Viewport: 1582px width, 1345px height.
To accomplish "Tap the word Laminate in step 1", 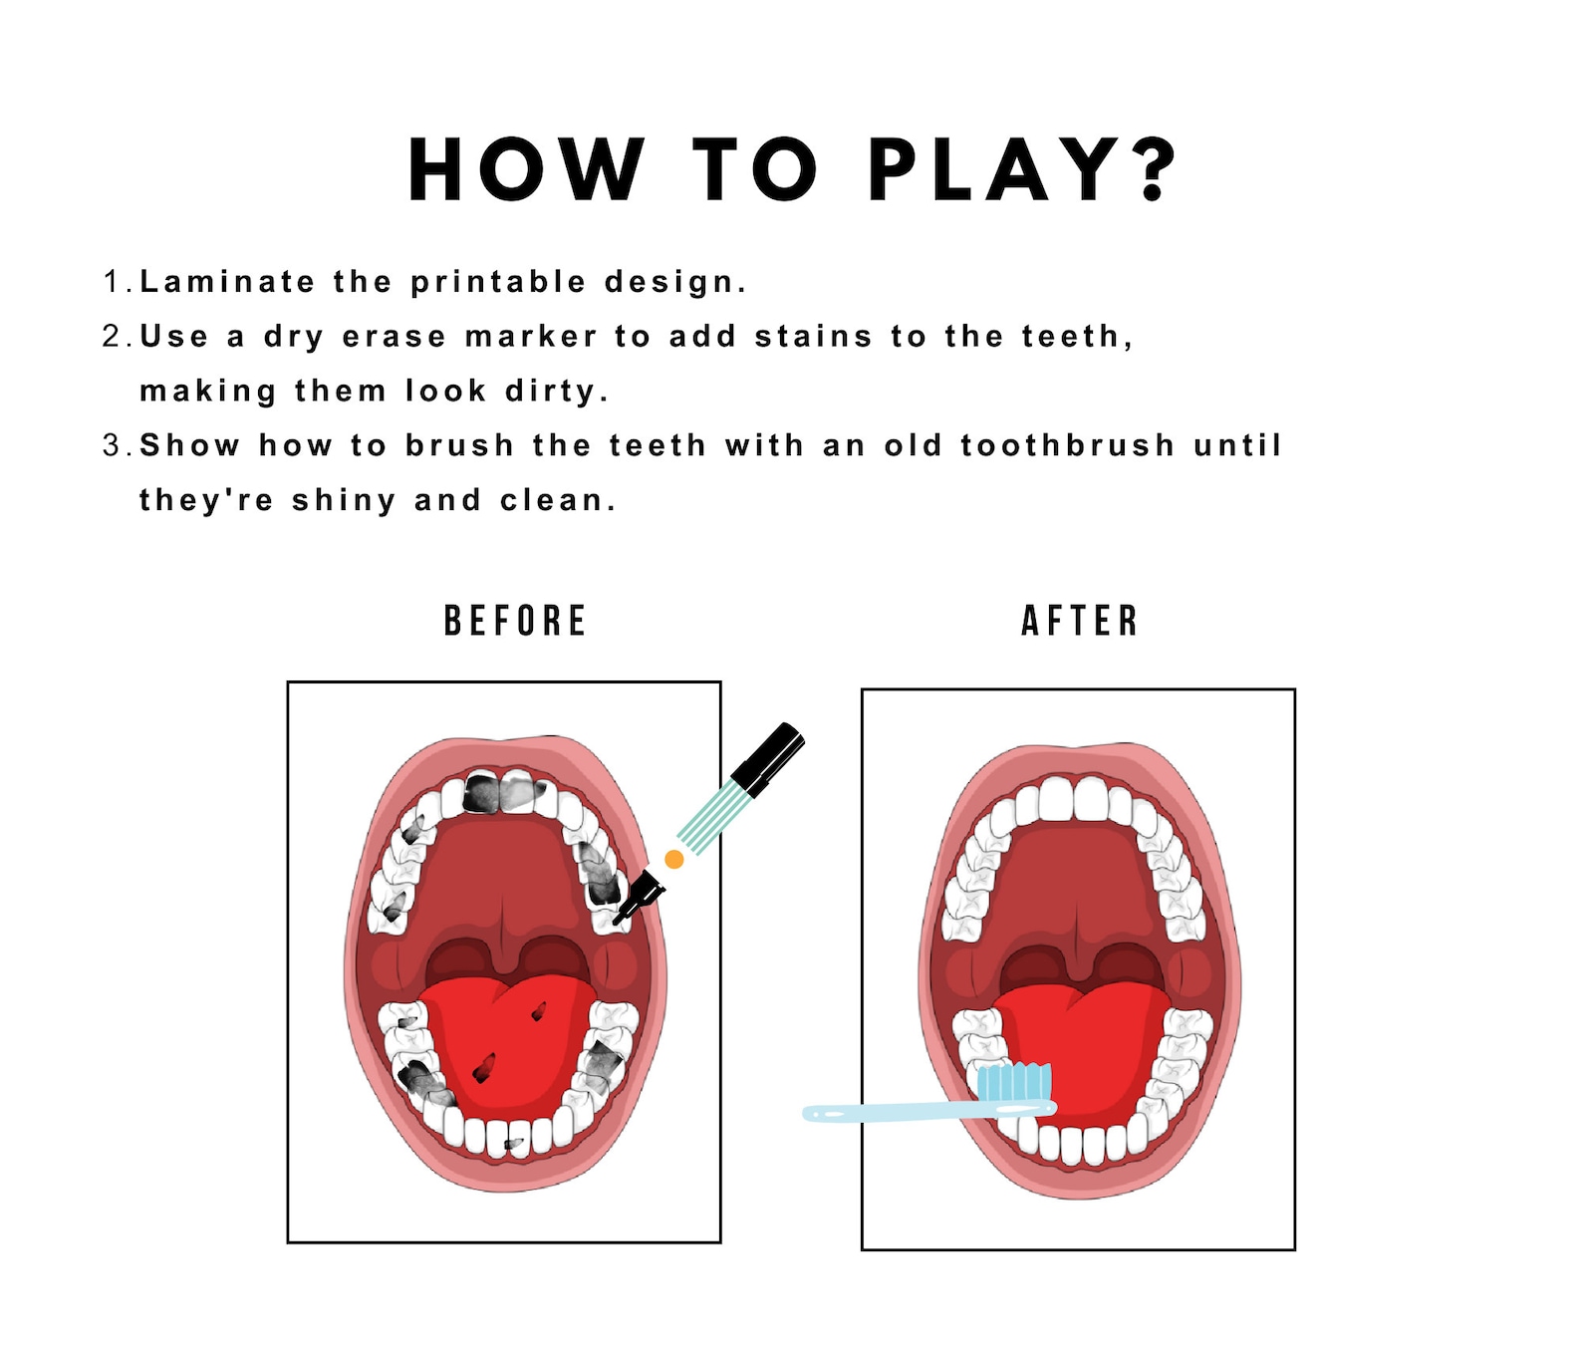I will (x=227, y=282).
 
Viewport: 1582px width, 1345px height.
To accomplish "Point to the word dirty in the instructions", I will (x=551, y=391).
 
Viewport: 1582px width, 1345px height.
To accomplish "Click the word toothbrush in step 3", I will (x=1067, y=445).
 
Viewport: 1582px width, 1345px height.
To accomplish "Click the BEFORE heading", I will (x=515, y=621).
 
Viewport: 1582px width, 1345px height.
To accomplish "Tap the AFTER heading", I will (x=1080, y=621).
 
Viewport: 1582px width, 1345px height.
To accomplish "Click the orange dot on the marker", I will (x=674, y=859).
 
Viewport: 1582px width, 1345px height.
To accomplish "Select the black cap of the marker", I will (x=768, y=759).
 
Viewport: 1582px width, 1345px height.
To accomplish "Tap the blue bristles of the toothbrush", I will (x=1013, y=1082).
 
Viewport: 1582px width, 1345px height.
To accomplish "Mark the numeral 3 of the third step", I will (x=112, y=445).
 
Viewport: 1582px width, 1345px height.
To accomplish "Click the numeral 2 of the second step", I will (x=112, y=337).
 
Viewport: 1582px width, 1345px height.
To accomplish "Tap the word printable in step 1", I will (x=498, y=282).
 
